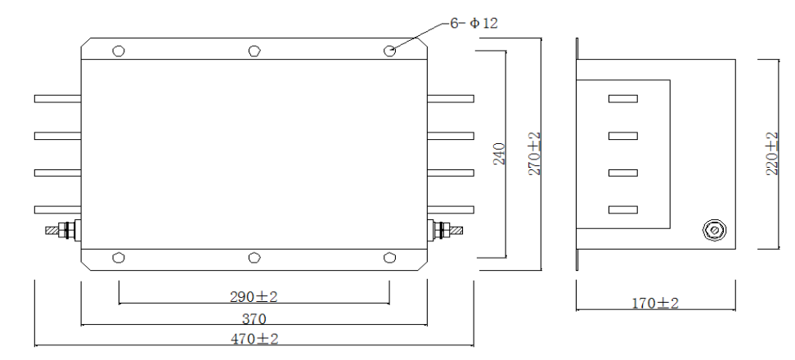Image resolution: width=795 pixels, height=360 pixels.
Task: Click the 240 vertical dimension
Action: click(x=500, y=153)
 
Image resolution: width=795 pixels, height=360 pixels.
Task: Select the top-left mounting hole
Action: click(x=119, y=51)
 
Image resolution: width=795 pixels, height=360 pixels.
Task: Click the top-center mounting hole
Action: click(x=254, y=51)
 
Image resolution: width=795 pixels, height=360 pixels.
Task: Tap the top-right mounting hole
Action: click(x=389, y=51)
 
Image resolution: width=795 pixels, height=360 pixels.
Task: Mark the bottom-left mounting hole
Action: click(x=119, y=257)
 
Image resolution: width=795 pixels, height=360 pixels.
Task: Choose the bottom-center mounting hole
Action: click(x=254, y=257)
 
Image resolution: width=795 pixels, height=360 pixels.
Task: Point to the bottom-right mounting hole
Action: click(x=389, y=257)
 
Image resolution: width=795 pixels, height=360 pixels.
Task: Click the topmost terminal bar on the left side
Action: click(x=57, y=99)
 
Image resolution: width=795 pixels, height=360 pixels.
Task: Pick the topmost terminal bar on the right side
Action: click(x=451, y=99)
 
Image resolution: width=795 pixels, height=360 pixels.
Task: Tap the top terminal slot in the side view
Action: click(x=622, y=99)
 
